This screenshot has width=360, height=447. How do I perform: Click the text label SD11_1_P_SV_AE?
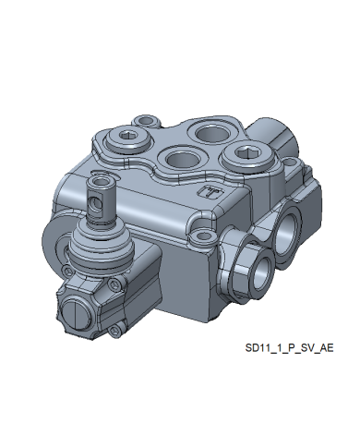pyautogui.click(x=289, y=348)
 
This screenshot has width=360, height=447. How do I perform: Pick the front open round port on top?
pyautogui.click(x=183, y=160)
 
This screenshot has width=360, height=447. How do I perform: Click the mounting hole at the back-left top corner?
pyautogui.click(x=147, y=120)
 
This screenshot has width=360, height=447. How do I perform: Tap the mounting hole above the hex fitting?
pyautogui.click(x=203, y=236)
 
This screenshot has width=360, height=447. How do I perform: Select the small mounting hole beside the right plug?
pyautogui.click(x=290, y=162)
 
